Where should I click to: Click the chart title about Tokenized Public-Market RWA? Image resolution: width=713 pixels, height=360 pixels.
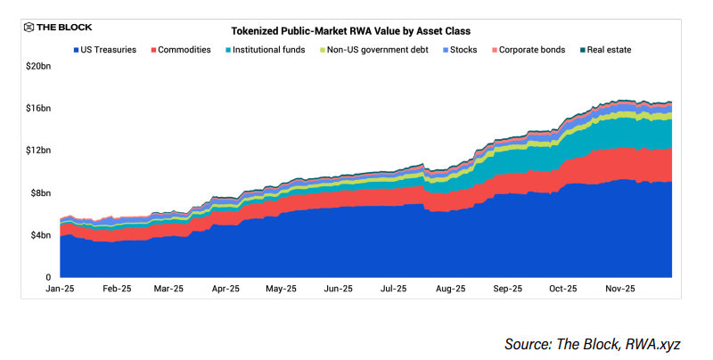click(x=356, y=30)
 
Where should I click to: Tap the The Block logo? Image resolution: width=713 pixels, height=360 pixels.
click(x=58, y=27)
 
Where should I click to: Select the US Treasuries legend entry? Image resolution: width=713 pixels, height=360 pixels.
click(x=104, y=50)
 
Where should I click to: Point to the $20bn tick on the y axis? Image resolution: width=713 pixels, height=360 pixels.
click(x=37, y=66)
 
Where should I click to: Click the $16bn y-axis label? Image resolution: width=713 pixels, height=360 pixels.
click(x=37, y=109)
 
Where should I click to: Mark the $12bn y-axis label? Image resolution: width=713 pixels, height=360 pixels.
click(x=37, y=151)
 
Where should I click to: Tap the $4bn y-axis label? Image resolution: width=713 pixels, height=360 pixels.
click(x=39, y=235)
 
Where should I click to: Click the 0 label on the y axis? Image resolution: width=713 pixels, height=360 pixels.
click(x=48, y=277)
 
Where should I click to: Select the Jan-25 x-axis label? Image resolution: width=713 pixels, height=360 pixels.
click(x=60, y=290)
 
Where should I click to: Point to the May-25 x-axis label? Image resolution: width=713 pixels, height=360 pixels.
click(x=281, y=290)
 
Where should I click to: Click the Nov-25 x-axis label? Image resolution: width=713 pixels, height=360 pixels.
click(x=619, y=290)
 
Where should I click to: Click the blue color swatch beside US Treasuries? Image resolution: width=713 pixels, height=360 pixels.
click(x=76, y=50)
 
